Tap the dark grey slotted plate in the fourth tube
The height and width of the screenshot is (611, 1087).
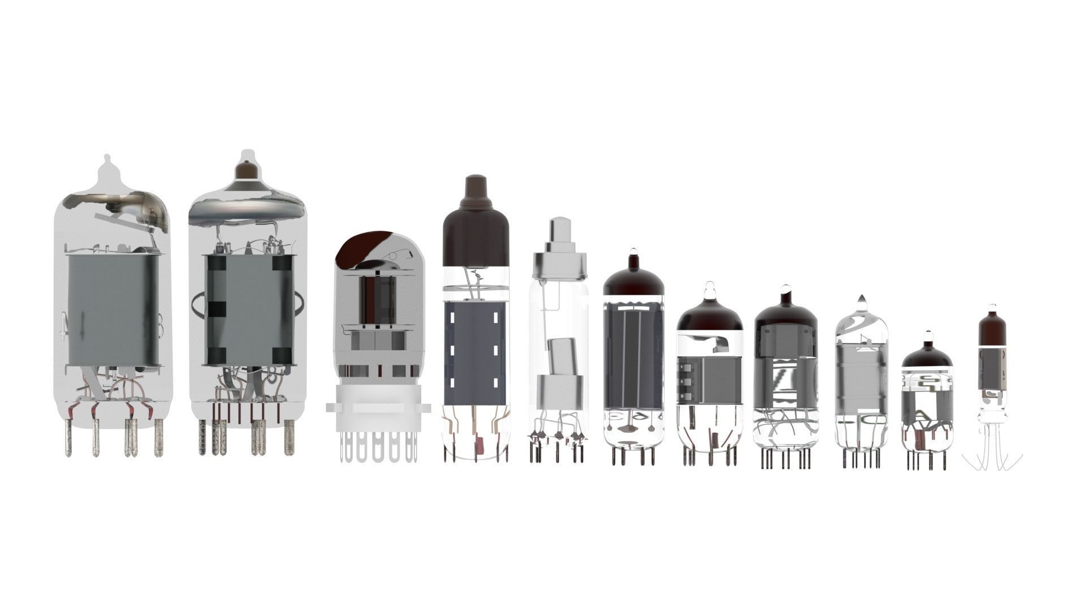coord(475,353)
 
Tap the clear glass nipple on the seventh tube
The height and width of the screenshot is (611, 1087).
coord(709,290)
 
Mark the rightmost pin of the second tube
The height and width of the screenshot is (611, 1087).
coord(289,438)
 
